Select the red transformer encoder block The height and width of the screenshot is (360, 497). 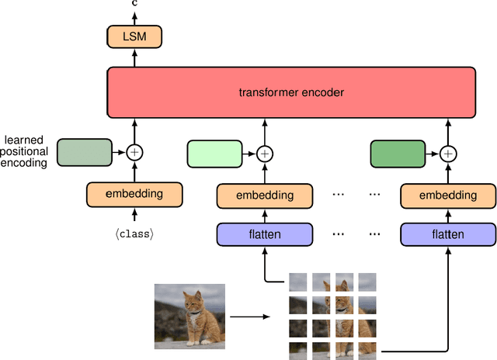point(290,92)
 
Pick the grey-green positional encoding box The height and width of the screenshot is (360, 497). point(84,153)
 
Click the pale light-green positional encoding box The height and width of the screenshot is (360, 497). point(214,154)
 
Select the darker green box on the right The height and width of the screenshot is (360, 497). point(397,154)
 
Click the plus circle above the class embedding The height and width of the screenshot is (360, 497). point(135,153)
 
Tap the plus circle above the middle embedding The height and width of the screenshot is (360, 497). point(265,154)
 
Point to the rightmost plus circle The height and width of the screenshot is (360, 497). point(448,154)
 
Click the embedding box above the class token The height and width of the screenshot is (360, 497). point(134,193)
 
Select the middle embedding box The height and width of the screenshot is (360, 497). point(264,195)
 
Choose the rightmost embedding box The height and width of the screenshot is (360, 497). point(447,195)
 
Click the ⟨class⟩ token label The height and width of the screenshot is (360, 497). point(134,233)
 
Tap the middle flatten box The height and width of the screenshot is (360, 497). point(264,234)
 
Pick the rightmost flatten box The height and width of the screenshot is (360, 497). point(447,234)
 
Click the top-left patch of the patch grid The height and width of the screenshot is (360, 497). point(298,282)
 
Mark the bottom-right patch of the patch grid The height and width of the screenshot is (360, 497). point(367,351)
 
